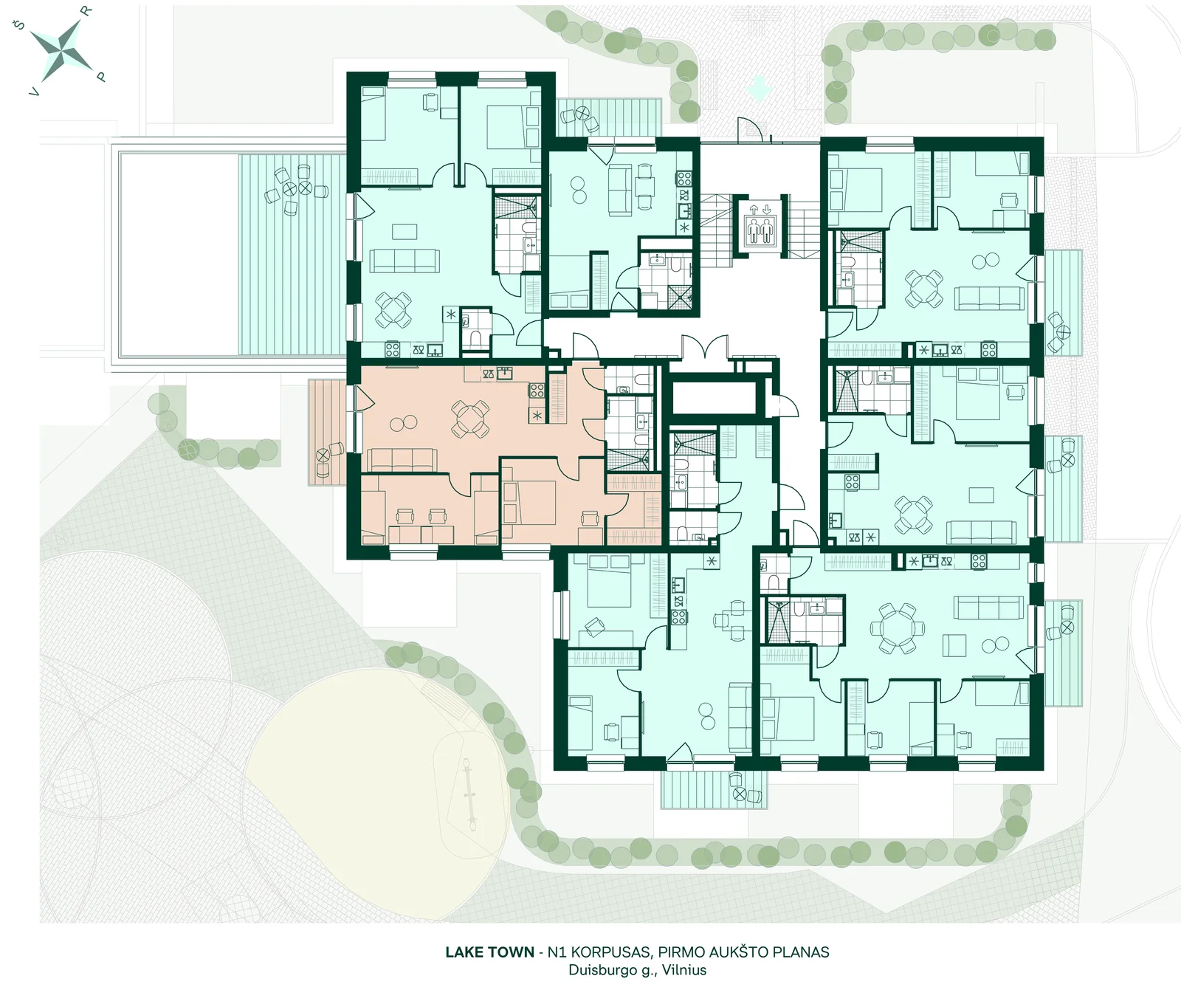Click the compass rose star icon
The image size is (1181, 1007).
[61, 49]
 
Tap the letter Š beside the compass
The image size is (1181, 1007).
[21, 26]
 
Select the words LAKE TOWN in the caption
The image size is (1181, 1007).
[489, 952]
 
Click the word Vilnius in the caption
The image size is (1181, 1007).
[684, 970]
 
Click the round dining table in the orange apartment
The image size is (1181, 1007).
[470, 418]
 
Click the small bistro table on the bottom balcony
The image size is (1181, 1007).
[740, 794]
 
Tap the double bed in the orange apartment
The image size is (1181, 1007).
[528, 502]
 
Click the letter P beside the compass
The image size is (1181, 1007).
[102, 77]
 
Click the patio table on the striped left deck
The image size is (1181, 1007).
[305, 188]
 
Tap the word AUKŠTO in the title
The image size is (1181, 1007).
[739, 952]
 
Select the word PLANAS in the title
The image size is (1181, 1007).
[802, 952]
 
